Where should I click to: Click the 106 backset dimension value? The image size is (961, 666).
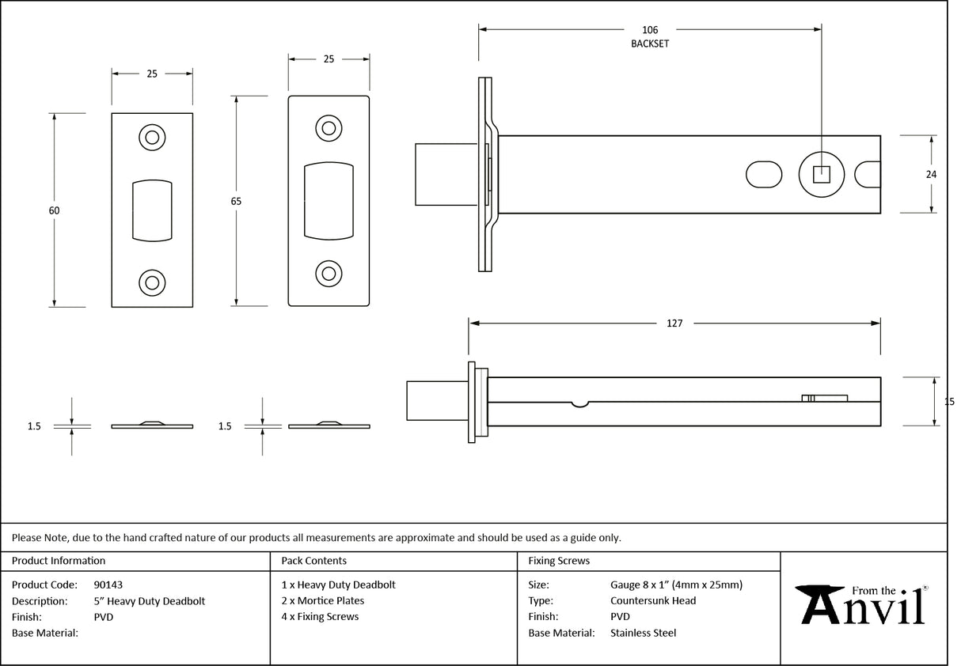[649, 30]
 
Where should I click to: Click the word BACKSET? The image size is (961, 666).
[649, 44]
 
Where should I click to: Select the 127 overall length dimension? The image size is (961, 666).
[674, 323]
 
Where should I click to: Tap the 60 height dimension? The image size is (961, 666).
[54, 210]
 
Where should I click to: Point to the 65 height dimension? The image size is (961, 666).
[236, 202]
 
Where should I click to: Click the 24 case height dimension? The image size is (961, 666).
[931, 174]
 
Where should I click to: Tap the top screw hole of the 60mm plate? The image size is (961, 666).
[152, 138]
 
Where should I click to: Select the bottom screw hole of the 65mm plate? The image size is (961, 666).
[329, 274]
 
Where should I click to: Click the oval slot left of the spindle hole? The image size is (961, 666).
[764, 174]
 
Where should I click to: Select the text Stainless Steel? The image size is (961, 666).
[643, 633]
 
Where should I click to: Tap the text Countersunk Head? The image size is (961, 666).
[653, 600]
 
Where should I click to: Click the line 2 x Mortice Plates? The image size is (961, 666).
[323, 600]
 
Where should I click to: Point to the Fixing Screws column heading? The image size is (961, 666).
[558, 561]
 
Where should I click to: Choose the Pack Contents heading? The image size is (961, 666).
[313, 561]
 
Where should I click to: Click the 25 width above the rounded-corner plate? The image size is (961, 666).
[329, 59]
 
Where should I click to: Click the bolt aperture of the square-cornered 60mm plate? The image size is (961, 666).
[152, 210]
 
